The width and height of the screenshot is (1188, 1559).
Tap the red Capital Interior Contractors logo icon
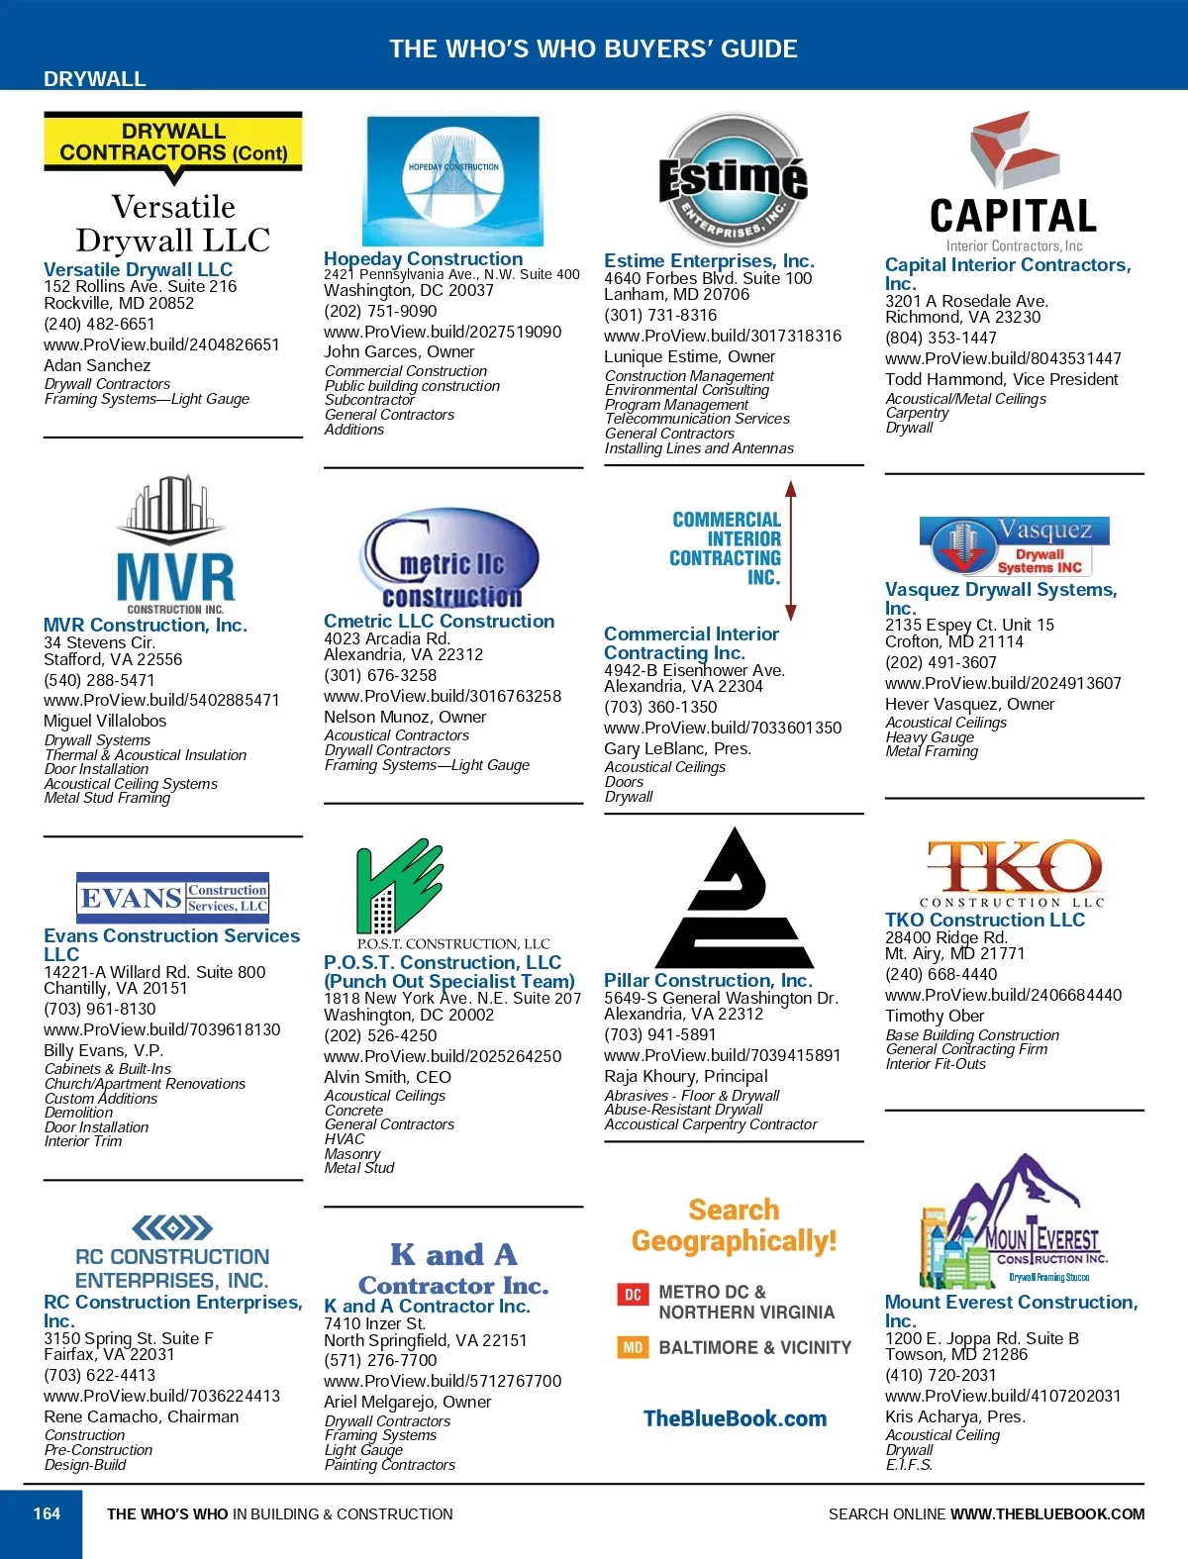1013,149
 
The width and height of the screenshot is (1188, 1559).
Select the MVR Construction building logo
174,545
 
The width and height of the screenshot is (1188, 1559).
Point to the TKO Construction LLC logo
1014,872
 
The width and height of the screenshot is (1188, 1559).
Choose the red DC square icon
633,1294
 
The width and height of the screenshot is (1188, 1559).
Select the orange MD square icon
633,1347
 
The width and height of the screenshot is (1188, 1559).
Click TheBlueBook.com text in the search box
735,1418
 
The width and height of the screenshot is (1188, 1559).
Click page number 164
47,1513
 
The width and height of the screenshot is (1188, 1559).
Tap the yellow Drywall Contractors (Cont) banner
173,142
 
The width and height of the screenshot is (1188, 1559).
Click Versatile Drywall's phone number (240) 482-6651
99,324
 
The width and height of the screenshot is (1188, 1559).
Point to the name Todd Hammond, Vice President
1001,379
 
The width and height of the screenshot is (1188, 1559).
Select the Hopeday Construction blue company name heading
423,258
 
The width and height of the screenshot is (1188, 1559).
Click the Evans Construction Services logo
173,897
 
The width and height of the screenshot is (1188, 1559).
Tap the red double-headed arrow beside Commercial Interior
791,550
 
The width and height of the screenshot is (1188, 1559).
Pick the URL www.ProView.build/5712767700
443,1381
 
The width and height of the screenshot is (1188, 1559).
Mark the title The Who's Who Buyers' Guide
593,49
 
